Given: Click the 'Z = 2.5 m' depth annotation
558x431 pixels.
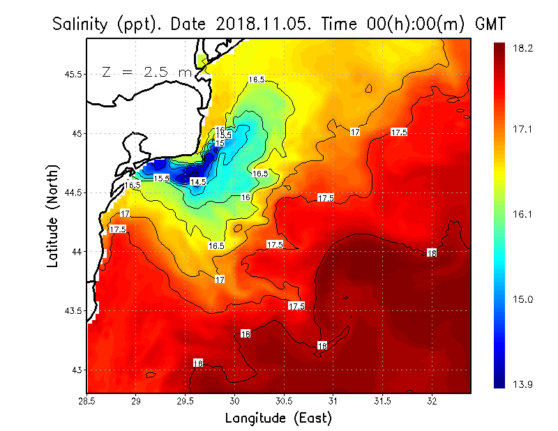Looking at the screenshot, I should (146, 71).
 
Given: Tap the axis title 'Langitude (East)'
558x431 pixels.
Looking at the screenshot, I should (278, 418).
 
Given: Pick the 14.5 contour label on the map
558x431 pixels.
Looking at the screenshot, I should (199, 182).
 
